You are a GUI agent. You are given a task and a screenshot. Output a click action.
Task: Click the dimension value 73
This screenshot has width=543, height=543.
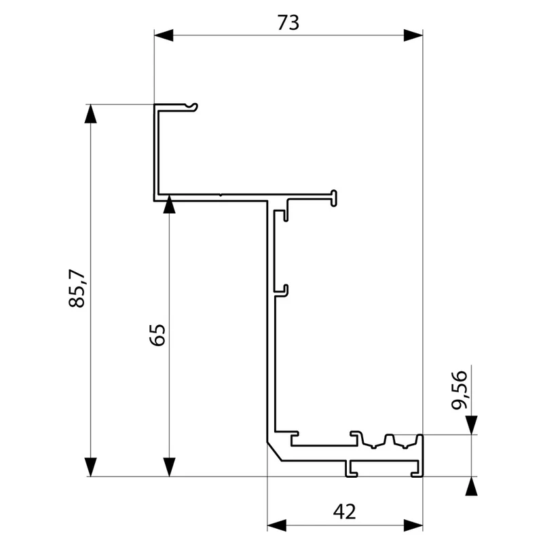coord(288,23)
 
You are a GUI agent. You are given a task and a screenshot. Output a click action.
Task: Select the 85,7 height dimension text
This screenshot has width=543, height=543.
coord(77,288)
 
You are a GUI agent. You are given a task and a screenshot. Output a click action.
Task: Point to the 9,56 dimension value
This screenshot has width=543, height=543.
coord(460,390)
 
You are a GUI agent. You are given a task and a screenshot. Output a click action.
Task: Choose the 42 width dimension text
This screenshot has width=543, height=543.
coord(344,512)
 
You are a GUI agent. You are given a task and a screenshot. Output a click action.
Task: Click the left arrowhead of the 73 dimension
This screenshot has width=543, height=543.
coord(164,35)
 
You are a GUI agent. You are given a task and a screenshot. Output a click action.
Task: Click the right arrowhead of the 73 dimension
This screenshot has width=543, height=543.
coord(413,35)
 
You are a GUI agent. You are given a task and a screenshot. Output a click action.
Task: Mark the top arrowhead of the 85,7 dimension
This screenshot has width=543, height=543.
coord(90,113)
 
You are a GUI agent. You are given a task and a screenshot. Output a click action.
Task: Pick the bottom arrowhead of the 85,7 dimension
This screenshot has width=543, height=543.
coord(90,467)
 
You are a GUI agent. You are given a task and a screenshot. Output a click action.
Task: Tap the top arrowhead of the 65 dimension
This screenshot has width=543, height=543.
coord(169,204)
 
